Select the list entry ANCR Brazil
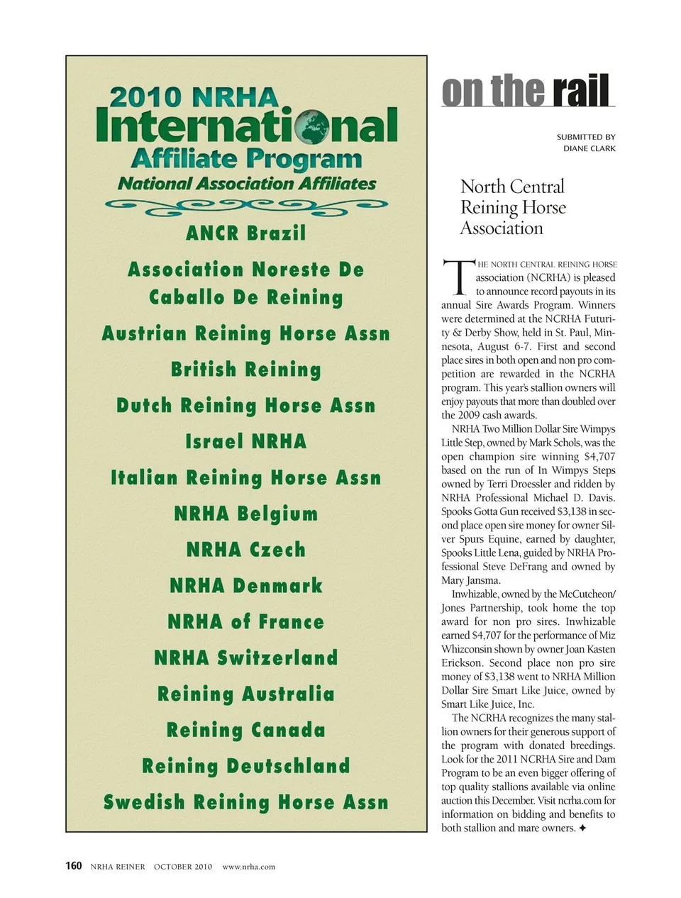click(246, 233)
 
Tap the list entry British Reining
click(246, 370)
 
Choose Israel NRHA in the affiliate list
click(246, 441)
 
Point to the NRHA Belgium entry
click(246, 514)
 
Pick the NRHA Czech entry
click(246, 550)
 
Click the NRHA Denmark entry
click(246, 586)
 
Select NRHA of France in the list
click(246, 622)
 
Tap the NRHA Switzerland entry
click(246, 658)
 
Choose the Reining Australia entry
click(246, 694)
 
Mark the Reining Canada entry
click(246, 730)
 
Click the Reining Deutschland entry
click(246, 766)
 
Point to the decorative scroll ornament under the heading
click(246, 206)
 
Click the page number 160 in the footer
click(74, 866)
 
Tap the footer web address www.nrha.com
click(248, 867)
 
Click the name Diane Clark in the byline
click(589, 149)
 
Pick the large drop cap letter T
click(457, 277)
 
